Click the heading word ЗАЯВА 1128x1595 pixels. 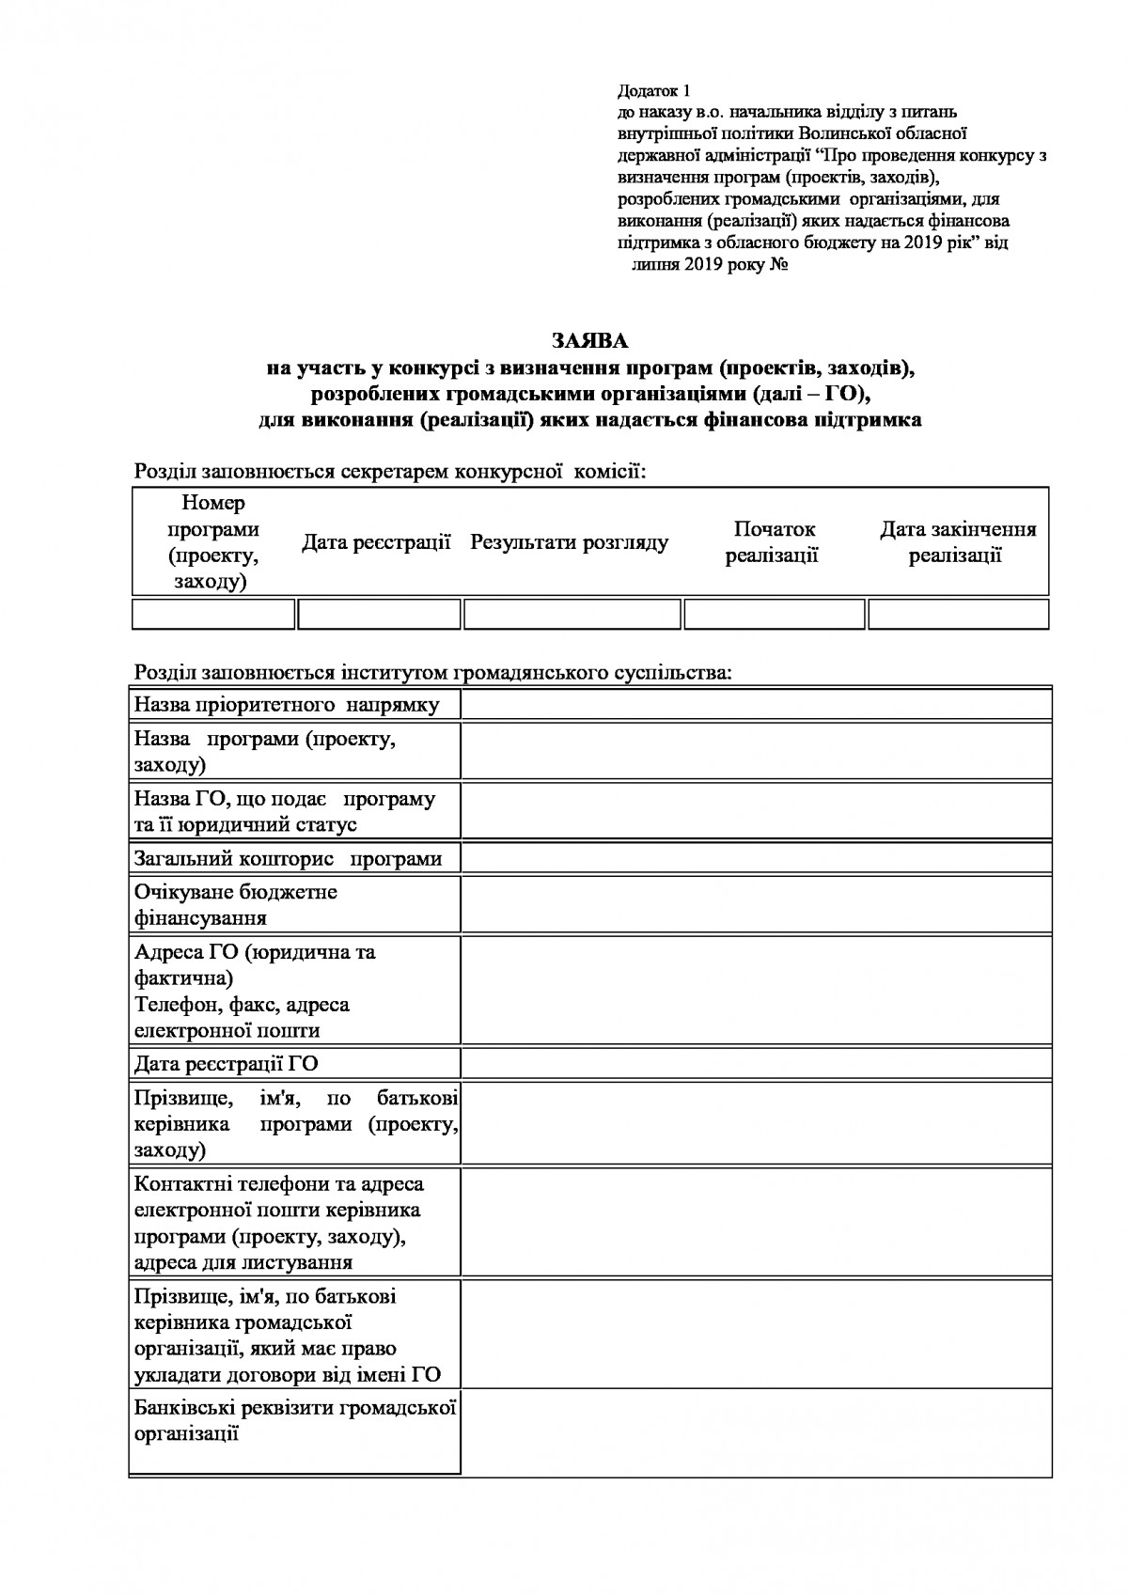589,339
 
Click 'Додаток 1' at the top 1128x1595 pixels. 653,91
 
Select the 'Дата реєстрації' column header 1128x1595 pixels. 376,542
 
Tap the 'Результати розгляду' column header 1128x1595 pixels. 570,542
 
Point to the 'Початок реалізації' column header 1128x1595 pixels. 773,542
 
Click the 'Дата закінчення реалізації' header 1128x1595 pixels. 957,542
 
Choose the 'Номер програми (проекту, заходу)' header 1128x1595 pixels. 213,542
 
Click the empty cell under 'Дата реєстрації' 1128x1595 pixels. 379,614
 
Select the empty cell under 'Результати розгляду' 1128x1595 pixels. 572,614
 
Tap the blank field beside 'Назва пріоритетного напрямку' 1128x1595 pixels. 756,703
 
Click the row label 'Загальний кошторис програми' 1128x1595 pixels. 288,858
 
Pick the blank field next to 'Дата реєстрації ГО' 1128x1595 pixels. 756,1063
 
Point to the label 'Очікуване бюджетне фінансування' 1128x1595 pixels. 236,904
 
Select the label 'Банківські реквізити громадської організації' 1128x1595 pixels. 294,1420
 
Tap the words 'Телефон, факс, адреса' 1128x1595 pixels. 243,1005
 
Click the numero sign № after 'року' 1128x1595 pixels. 778,264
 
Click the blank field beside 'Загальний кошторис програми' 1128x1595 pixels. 756,858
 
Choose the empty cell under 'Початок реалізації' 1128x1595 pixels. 774,614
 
